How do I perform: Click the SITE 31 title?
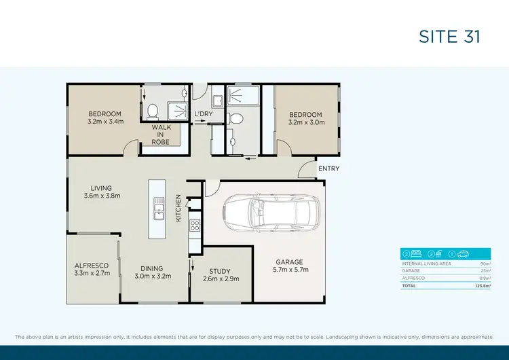449,37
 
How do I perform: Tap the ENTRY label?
328,168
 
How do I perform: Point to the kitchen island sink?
158,208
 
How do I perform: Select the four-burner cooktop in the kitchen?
194,226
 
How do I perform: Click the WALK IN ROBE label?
161,134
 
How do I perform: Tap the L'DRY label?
204,114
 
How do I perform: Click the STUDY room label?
221,271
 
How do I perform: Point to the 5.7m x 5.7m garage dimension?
289,270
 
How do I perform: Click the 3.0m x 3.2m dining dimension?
153,276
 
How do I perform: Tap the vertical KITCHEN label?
178,209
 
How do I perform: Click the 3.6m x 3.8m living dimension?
102,196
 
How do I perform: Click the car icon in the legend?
461,255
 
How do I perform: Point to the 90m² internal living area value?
485,263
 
